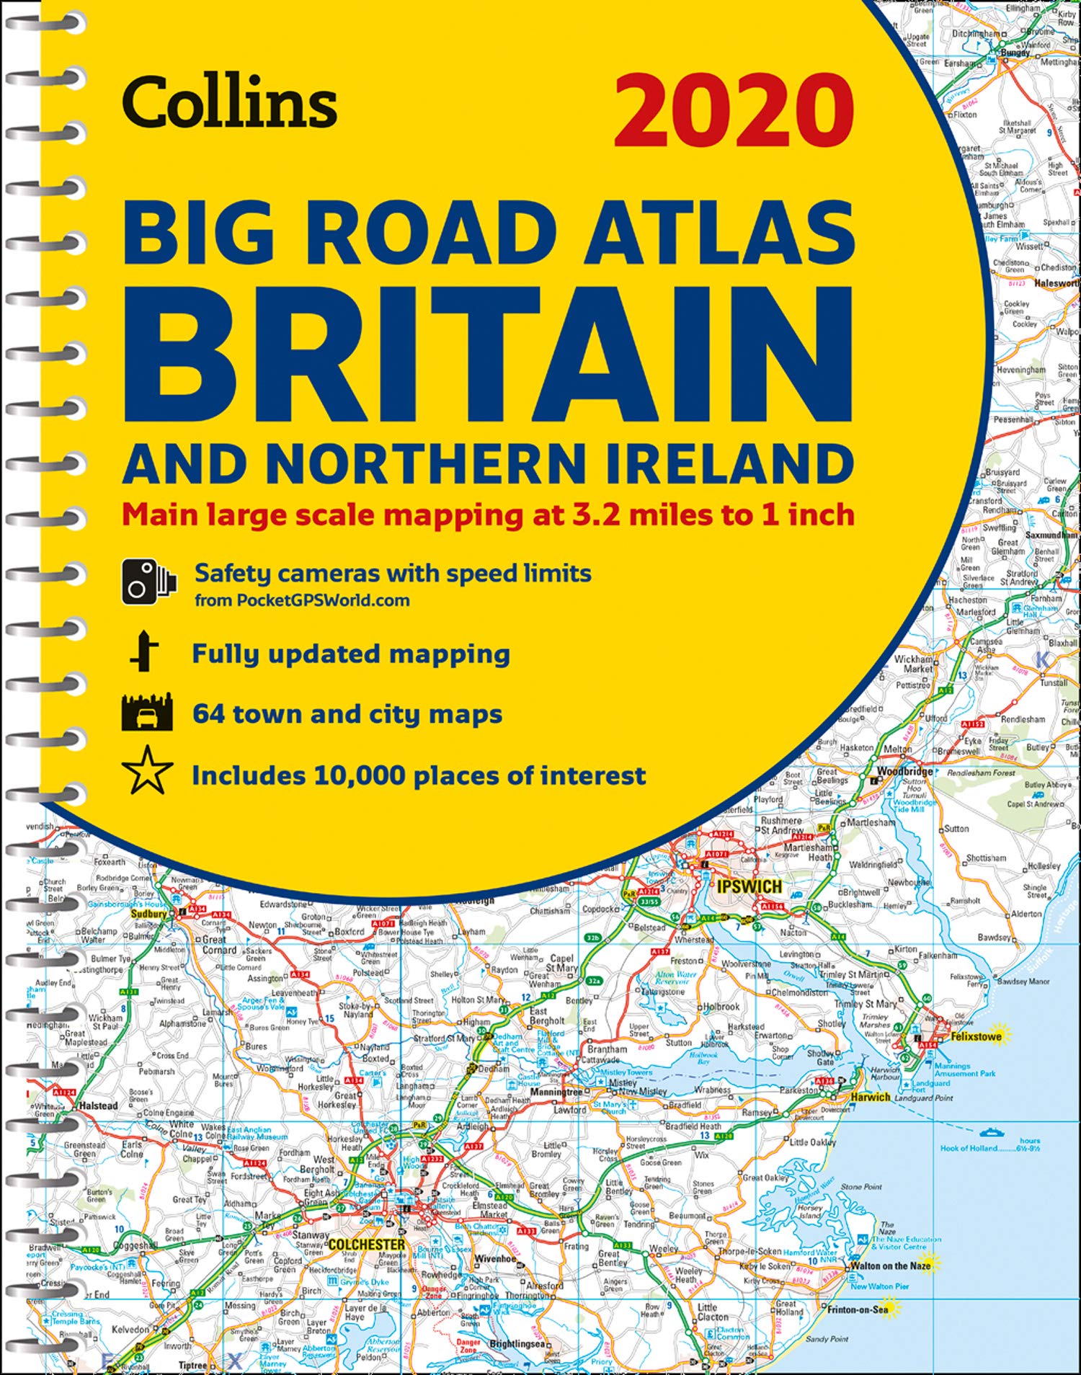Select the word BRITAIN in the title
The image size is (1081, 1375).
[489, 355]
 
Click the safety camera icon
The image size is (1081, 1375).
[148, 581]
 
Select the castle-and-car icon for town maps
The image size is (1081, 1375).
[147, 713]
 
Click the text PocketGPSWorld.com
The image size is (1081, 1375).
[323, 600]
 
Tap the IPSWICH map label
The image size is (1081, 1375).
[749, 886]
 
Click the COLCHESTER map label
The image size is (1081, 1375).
[367, 1245]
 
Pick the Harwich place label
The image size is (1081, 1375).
[871, 1097]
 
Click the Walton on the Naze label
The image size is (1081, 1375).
[891, 1265]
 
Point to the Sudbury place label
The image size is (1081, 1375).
[148, 914]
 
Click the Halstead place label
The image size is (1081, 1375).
[98, 1105]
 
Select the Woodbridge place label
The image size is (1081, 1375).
[904, 771]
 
